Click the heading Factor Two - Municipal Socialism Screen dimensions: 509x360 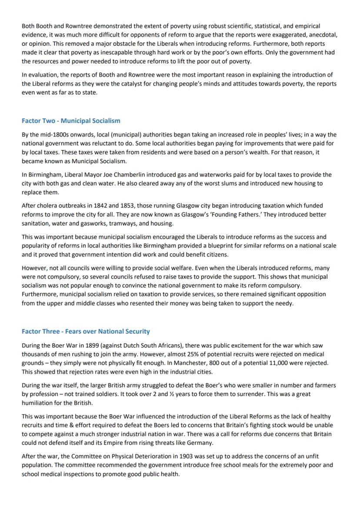[x=71, y=120]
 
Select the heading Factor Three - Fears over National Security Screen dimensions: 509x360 [x=86, y=331]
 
